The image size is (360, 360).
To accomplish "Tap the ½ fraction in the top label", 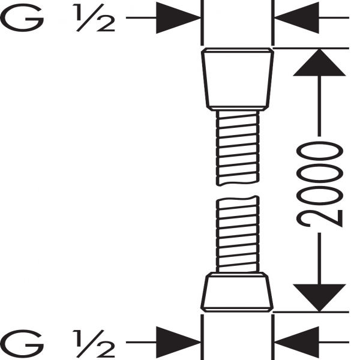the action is click(x=94, y=17).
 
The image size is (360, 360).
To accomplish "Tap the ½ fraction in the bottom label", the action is click(x=94, y=344).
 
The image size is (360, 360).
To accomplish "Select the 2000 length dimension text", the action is click(x=320, y=184).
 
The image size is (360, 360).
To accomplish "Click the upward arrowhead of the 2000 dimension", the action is click(x=319, y=62).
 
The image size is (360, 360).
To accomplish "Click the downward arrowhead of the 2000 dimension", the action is click(x=319, y=298).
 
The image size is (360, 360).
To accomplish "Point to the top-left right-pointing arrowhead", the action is click(x=178, y=17).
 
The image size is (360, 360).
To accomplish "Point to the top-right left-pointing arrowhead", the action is click(x=296, y=17).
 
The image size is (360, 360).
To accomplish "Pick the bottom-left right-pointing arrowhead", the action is click(x=178, y=343).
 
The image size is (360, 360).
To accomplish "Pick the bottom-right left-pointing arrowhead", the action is click(x=296, y=343).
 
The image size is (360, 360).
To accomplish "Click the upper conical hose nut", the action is click(x=238, y=79).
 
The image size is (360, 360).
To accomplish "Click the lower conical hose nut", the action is click(x=237, y=292).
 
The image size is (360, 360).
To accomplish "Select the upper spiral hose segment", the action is click(x=238, y=148).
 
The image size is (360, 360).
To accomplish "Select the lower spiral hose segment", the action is click(x=238, y=234).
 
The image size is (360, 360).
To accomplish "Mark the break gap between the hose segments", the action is click(x=238, y=191).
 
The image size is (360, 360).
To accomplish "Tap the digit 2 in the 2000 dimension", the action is click(x=320, y=218).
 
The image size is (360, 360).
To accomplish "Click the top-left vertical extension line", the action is click(x=202, y=23).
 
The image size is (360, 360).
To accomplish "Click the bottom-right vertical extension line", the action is click(x=273, y=337).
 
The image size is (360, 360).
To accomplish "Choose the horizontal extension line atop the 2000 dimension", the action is click(x=311, y=49).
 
